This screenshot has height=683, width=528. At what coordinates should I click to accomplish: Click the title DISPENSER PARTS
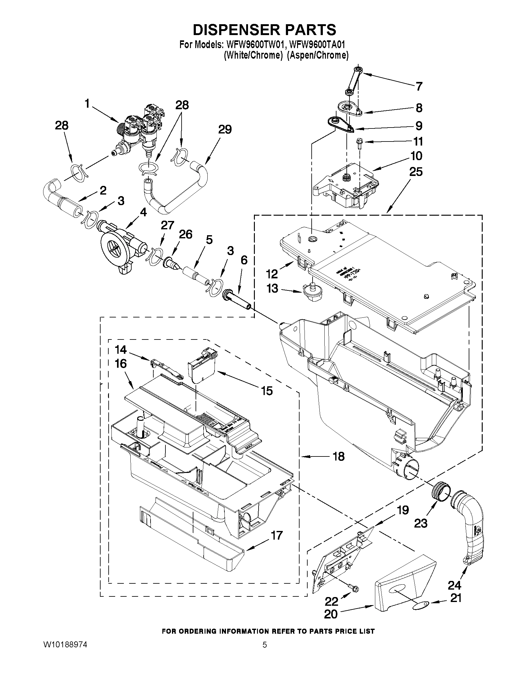click(264, 30)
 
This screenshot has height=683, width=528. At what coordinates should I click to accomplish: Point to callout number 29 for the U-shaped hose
click(225, 129)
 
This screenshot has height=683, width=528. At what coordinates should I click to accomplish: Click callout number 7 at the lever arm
click(419, 86)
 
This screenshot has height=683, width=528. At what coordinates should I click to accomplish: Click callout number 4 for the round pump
click(143, 212)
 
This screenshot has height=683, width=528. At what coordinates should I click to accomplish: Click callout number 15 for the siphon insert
click(267, 391)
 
